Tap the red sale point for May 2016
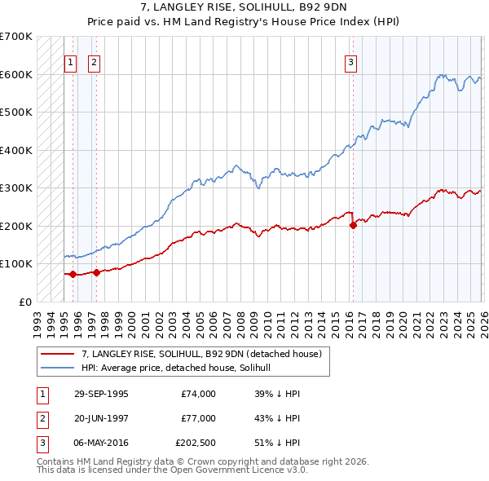[353, 225]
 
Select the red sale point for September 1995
[73, 274]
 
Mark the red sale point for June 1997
[96, 272]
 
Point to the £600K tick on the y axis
[16, 74]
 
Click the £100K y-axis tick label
[16, 263]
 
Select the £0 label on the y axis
[26, 302]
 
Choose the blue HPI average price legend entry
[181, 368]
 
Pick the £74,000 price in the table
[198, 394]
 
